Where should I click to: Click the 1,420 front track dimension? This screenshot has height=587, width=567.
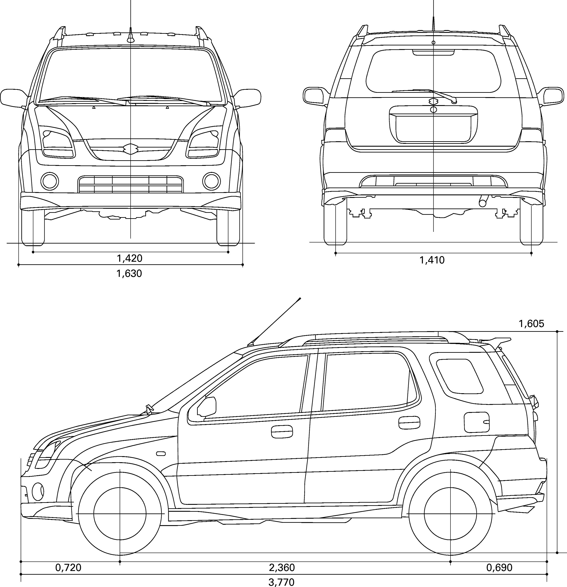pyautogui.click(x=130, y=258)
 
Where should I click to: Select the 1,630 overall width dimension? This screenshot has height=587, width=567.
pyautogui.click(x=129, y=273)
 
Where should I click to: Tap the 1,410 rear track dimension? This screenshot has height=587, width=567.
pyautogui.click(x=432, y=260)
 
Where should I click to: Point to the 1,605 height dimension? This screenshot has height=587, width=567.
pyautogui.click(x=531, y=323)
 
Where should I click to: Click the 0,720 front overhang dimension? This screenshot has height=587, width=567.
pyautogui.click(x=68, y=567)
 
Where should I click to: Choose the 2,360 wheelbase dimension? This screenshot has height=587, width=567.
pyautogui.click(x=282, y=567)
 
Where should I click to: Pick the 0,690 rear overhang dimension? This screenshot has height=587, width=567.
pyautogui.click(x=499, y=567)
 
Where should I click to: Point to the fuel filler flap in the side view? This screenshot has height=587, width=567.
pyautogui.click(x=476, y=422)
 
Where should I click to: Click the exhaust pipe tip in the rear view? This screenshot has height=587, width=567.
pyautogui.click(x=483, y=203)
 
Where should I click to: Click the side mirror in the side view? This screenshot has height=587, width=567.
pyautogui.click(x=207, y=406)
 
